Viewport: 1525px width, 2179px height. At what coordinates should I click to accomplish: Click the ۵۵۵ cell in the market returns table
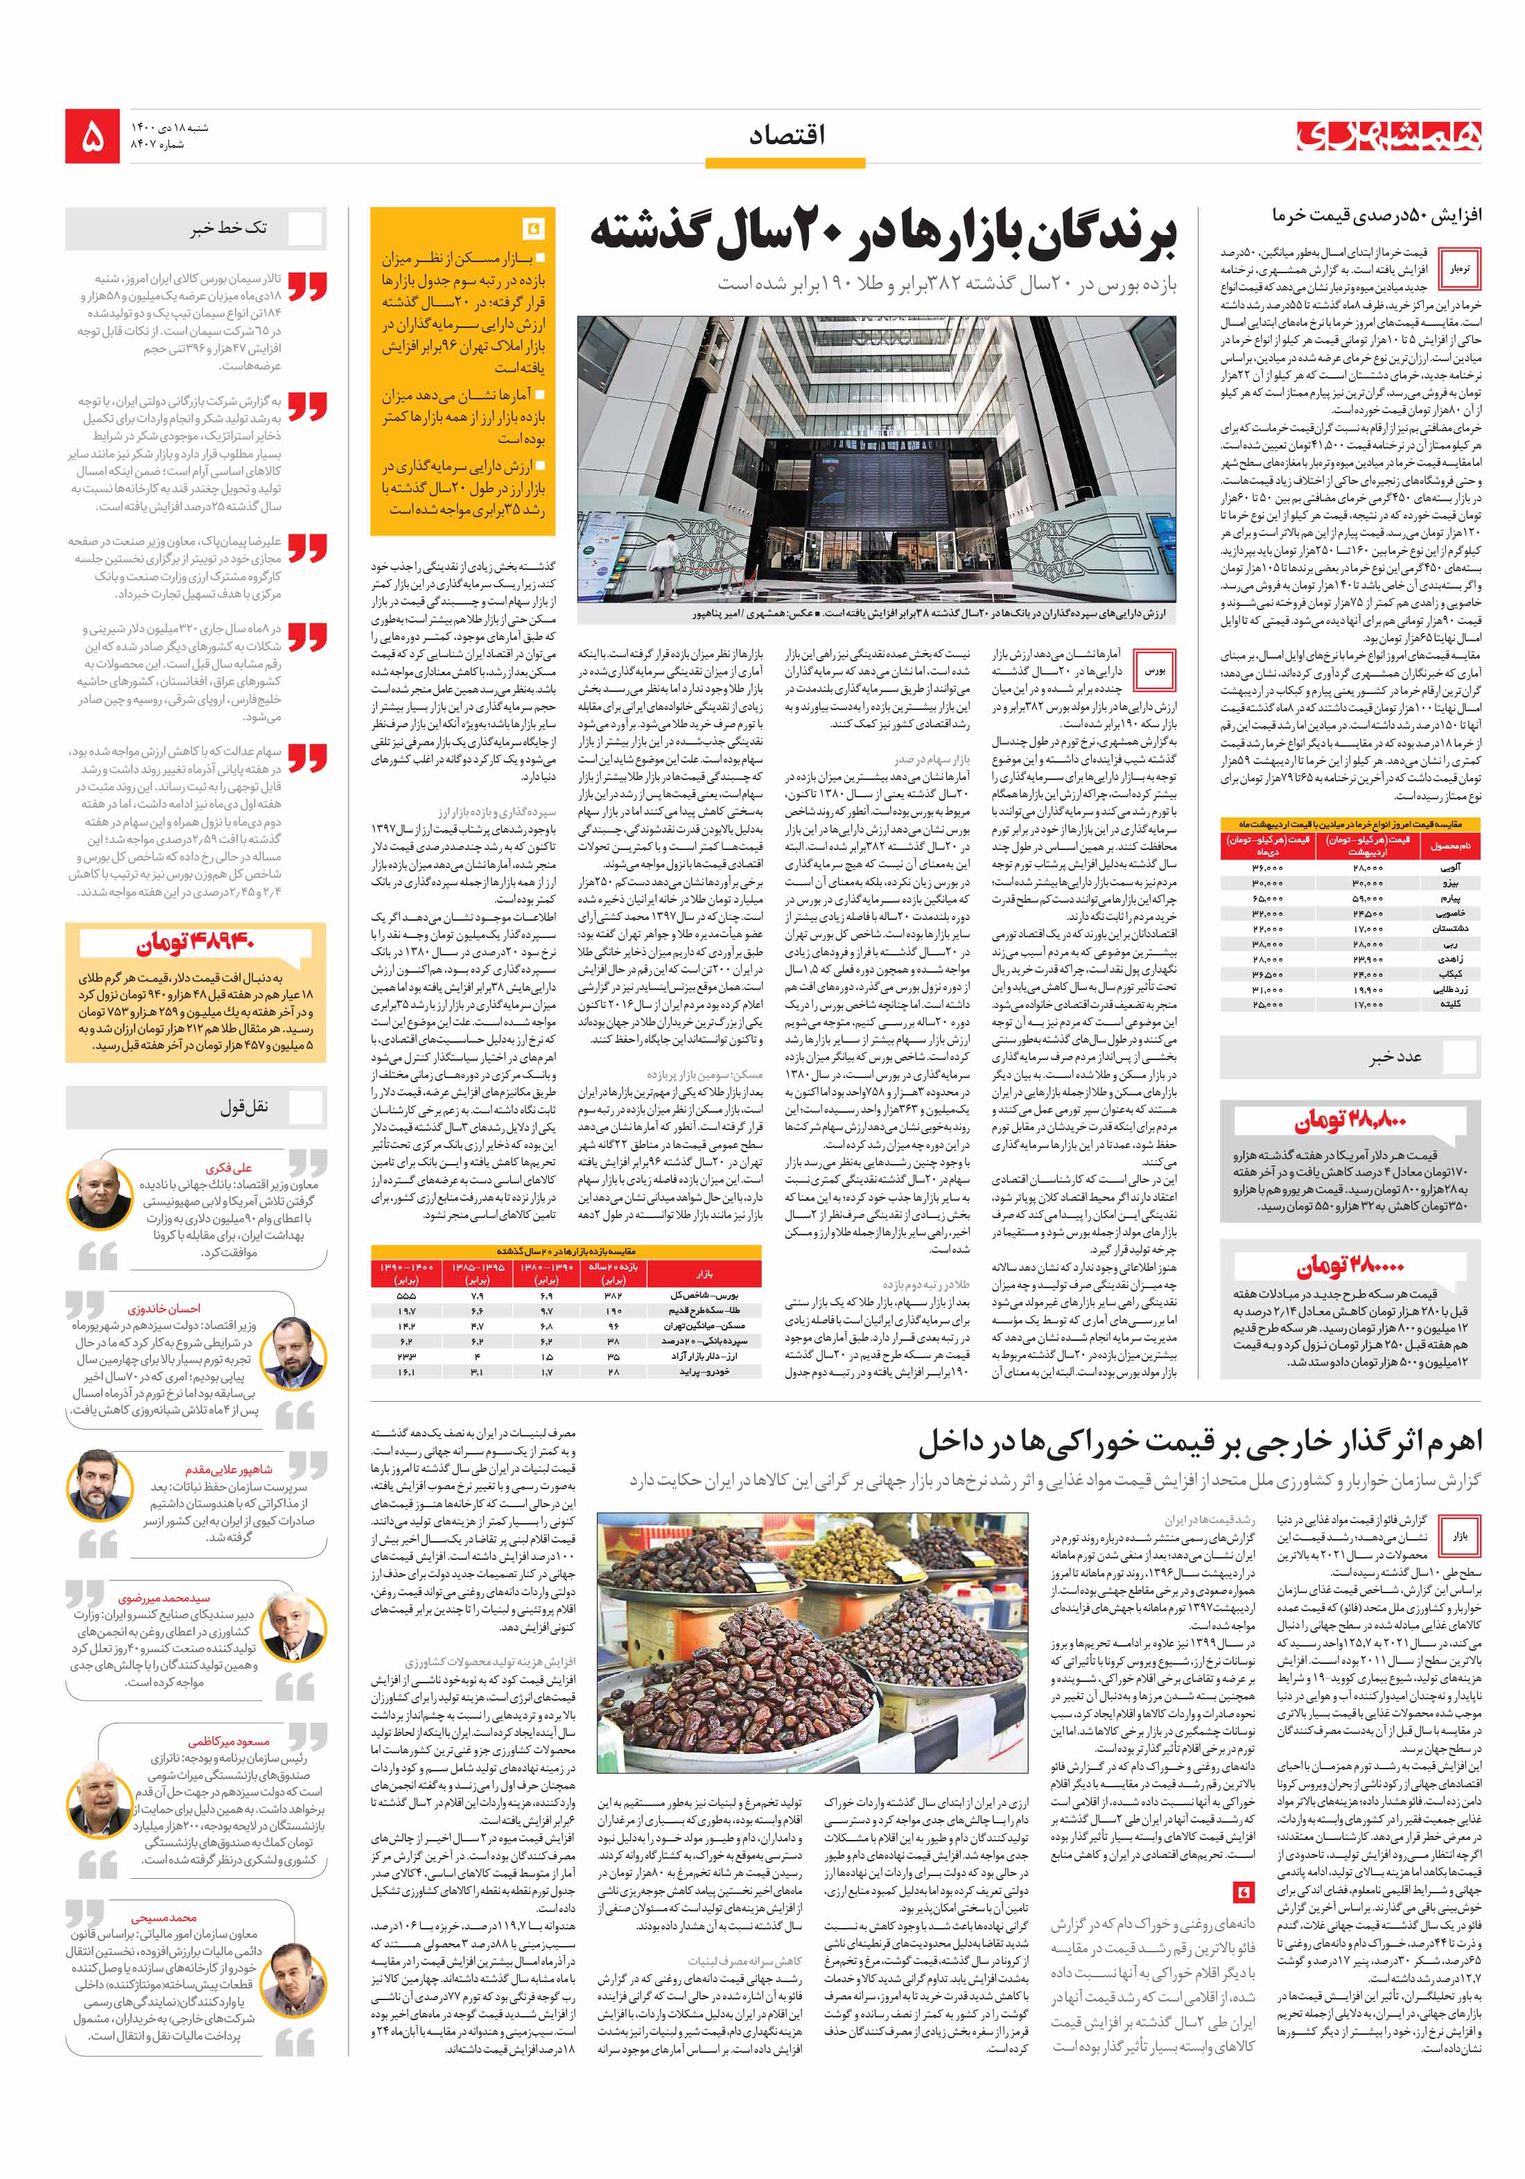[x=406, y=1294]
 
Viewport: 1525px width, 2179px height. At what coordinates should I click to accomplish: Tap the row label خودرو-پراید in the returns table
[x=702, y=1371]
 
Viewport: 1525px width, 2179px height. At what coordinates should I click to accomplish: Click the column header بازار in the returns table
[x=703, y=1273]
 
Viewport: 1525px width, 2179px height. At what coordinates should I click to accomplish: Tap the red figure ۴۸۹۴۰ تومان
[x=195, y=945]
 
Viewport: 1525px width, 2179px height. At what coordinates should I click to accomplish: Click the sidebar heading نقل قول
[x=244, y=1106]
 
